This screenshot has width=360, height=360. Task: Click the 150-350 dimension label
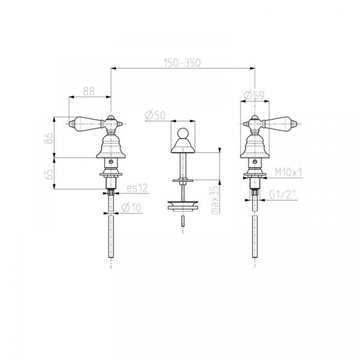[182, 62]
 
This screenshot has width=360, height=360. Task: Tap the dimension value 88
[89, 91]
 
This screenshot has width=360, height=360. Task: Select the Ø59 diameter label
[254, 95]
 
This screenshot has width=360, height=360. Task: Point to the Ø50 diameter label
[155, 115]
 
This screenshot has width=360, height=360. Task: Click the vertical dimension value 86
[49, 138]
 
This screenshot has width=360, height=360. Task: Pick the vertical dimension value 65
[49, 174]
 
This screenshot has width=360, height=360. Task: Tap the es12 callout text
[137, 188]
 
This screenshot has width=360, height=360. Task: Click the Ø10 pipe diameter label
[131, 208]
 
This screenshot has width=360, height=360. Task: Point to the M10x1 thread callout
[289, 172]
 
